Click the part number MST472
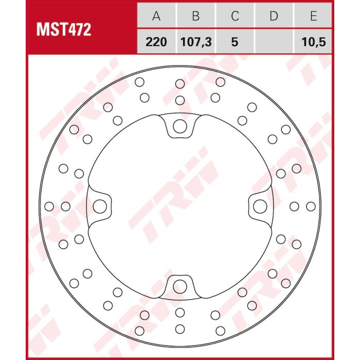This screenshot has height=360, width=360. [64, 30]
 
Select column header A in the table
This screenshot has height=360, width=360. [156, 16]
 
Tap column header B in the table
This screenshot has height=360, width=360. [196, 16]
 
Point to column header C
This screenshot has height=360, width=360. [235, 16]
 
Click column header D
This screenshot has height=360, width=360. [274, 16]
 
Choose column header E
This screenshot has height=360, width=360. [314, 16]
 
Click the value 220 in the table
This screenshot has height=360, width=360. [156, 42]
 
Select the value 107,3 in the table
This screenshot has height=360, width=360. [196, 42]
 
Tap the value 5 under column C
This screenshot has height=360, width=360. [235, 42]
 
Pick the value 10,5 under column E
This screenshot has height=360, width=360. [314, 42]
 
